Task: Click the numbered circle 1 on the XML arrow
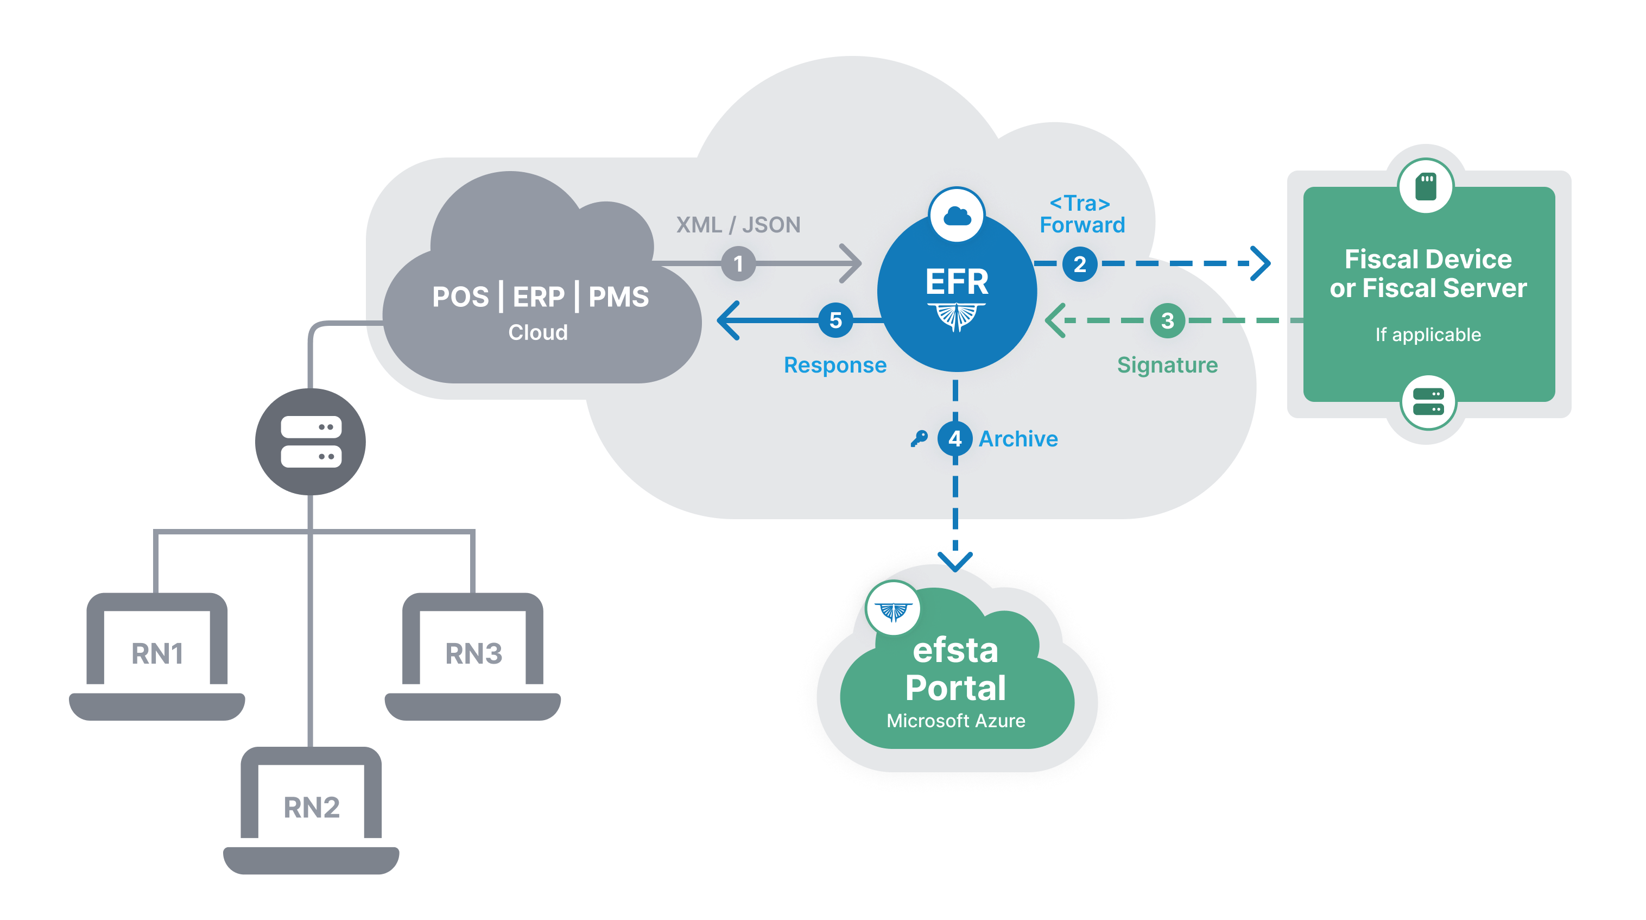coord(738,263)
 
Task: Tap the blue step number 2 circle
coord(1079,263)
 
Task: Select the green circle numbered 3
coord(1167,320)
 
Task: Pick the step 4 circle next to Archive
coord(954,439)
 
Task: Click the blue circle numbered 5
coord(835,320)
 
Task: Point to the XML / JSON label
coord(738,225)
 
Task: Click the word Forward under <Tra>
coord(1082,225)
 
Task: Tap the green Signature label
coord(1167,365)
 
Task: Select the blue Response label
coord(834,365)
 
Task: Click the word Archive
coord(1018,439)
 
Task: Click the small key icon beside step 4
coord(919,439)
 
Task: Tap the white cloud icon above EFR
coord(957,216)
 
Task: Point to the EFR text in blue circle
coord(957,281)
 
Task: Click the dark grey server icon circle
coord(311,442)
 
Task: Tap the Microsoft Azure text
coord(955,721)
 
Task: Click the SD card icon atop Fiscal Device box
coord(1425,187)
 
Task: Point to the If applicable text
coord(1427,335)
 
